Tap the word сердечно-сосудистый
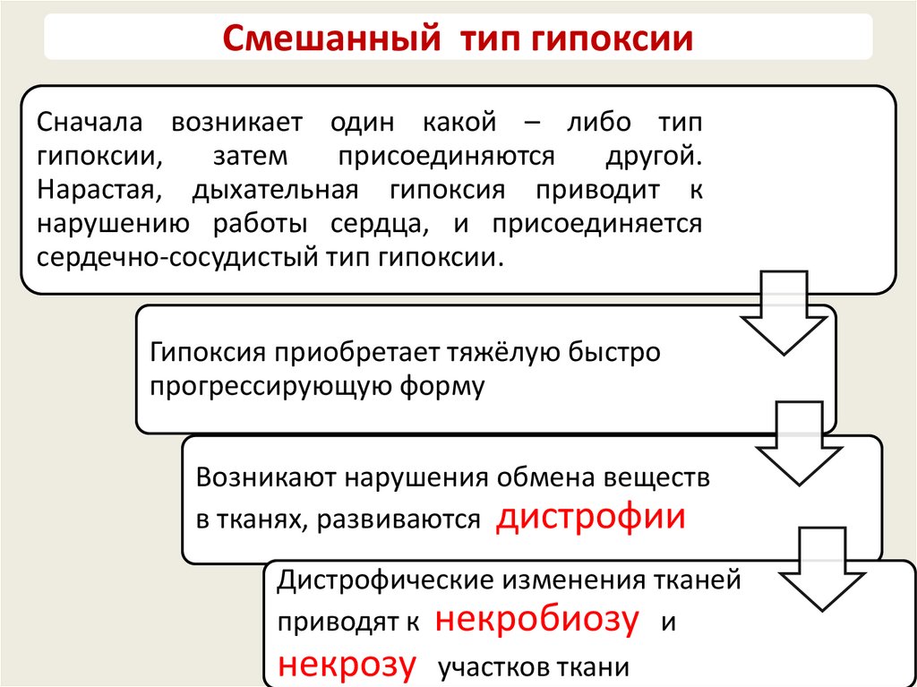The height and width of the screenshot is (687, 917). (173, 257)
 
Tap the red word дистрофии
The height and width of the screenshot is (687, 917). (590, 518)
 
